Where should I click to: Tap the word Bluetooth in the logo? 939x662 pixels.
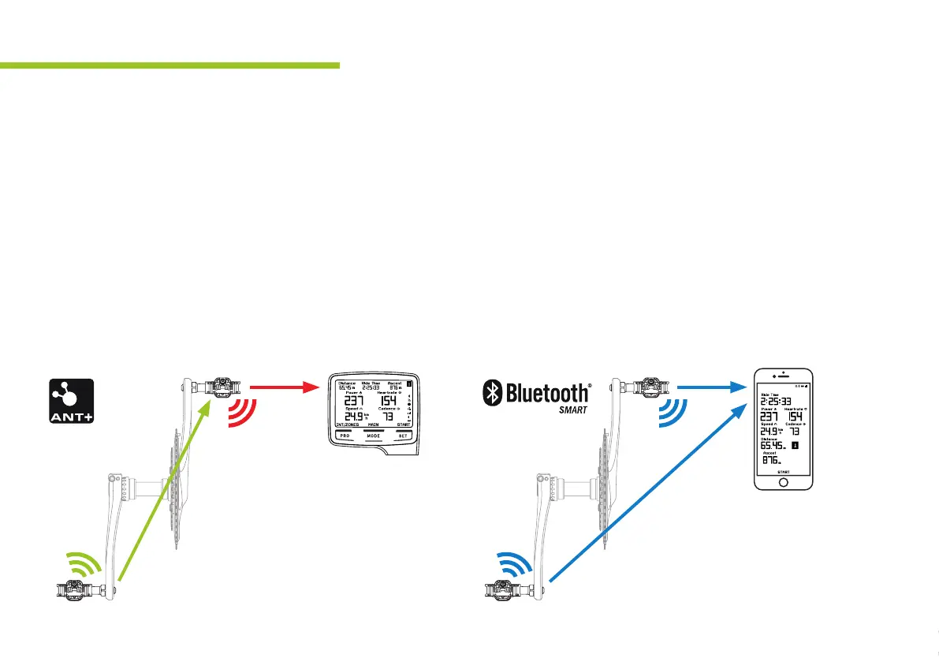click(546, 392)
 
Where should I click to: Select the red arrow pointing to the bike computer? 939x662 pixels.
click(287, 387)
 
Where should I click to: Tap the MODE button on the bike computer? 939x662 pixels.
click(373, 436)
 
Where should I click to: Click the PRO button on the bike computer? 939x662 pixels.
click(345, 436)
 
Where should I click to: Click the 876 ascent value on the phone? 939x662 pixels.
click(770, 460)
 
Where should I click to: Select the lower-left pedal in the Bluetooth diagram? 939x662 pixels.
click(505, 587)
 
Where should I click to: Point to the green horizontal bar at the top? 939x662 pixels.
click(170, 65)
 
